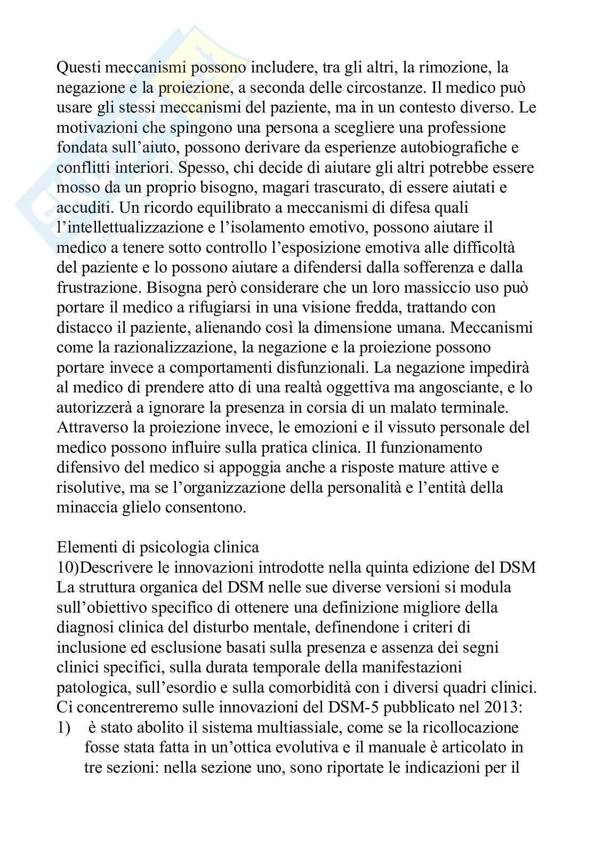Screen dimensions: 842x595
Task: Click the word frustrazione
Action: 103,287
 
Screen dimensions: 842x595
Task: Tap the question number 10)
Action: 68,567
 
